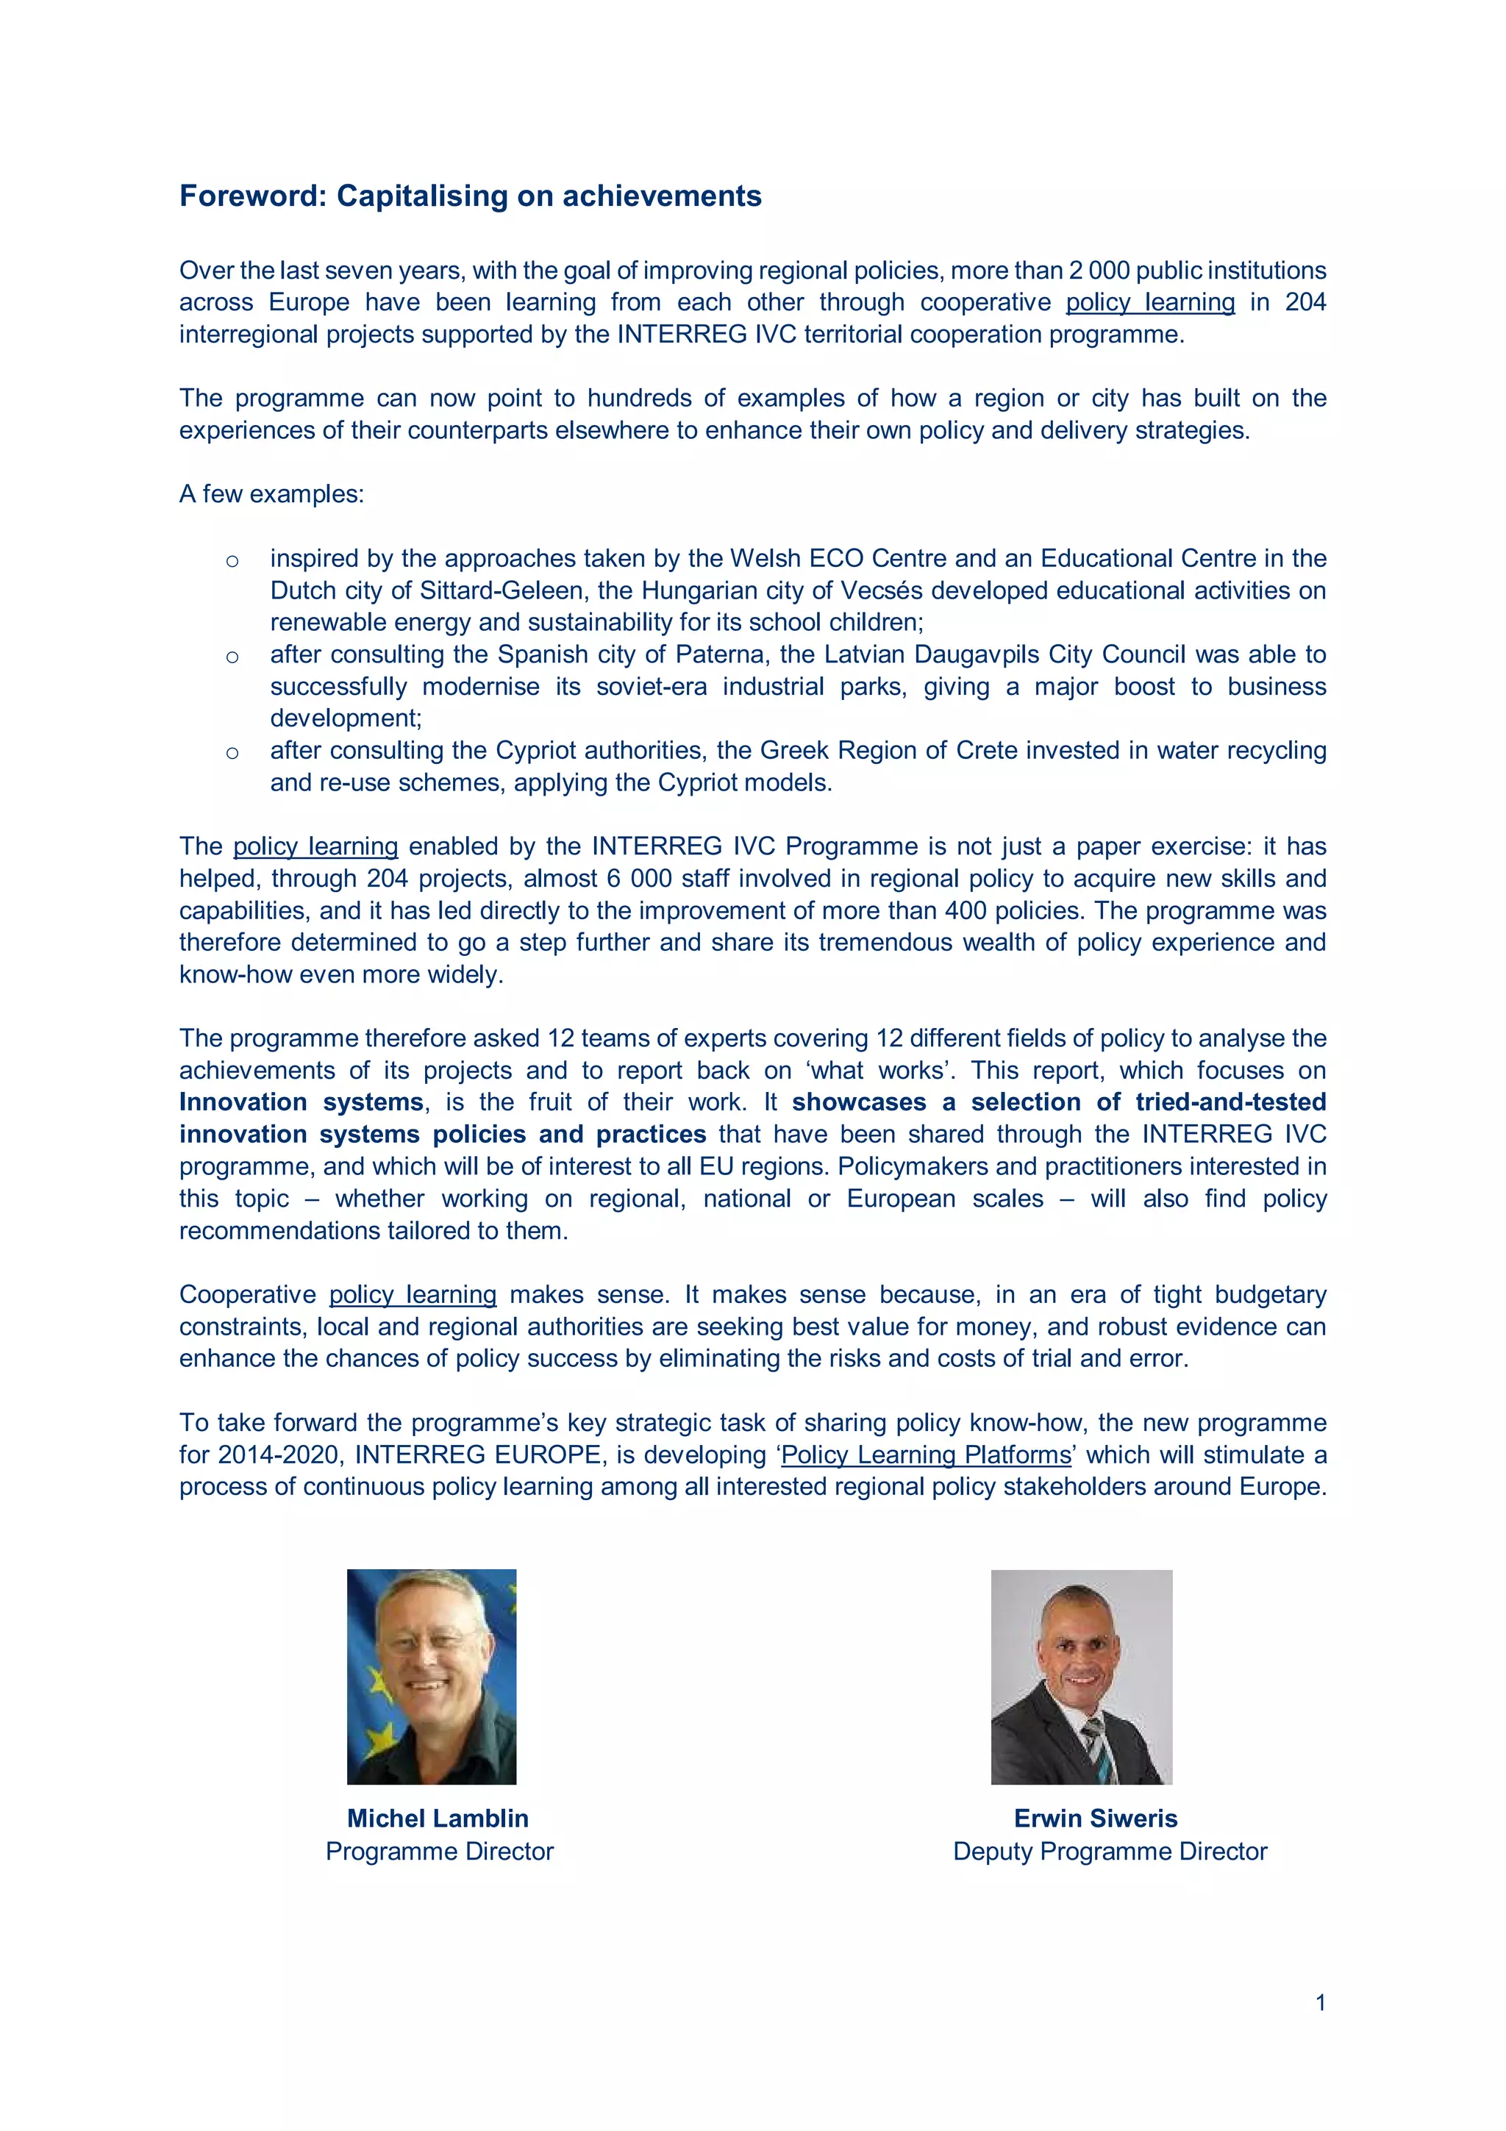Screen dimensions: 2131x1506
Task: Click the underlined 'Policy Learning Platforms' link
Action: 925,1454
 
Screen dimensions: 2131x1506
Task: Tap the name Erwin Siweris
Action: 1095,1818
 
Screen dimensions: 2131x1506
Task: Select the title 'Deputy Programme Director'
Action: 1109,1851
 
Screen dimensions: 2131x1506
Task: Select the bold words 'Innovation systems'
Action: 301,1102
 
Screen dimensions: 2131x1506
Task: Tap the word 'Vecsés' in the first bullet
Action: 876,590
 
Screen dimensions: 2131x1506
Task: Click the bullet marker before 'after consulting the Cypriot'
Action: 232,753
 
